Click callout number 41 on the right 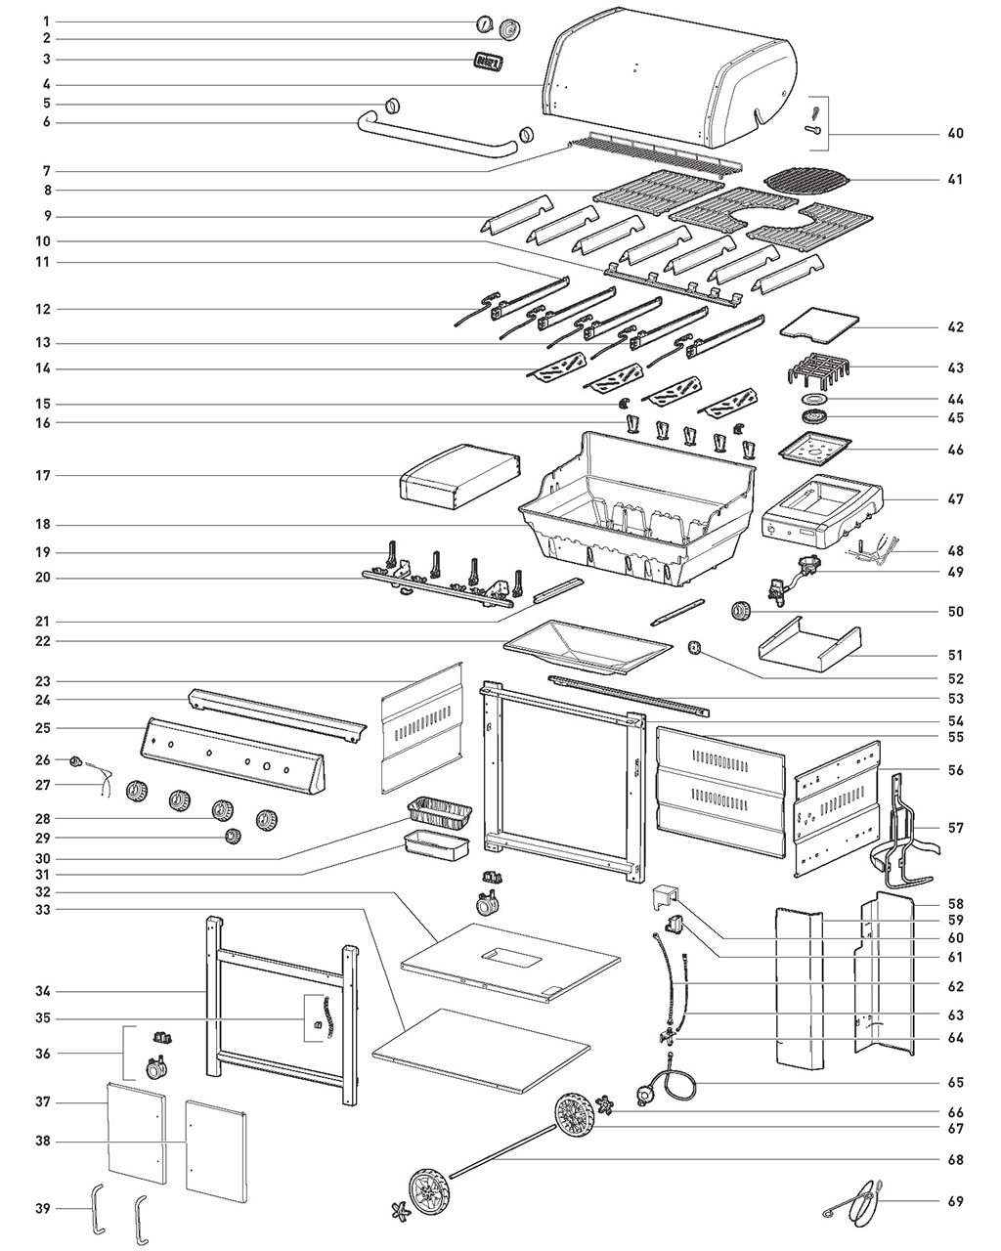pyautogui.click(x=955, y=180)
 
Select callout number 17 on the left pyautogui.click(x=45, y=476)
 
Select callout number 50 pyautogui.click(x=955, y=612)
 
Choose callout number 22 pyautogui.click(x=45, y=641)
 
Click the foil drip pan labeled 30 pyautogui.click(x=439, y=811)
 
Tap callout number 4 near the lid pyautogui.click(x=45, y=83)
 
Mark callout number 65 pyautogui.click(x=955, y=1083)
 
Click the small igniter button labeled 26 pyautogui.click(x=73, y=760)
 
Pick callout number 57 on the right pyautogui.click(x=955, y=828)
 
